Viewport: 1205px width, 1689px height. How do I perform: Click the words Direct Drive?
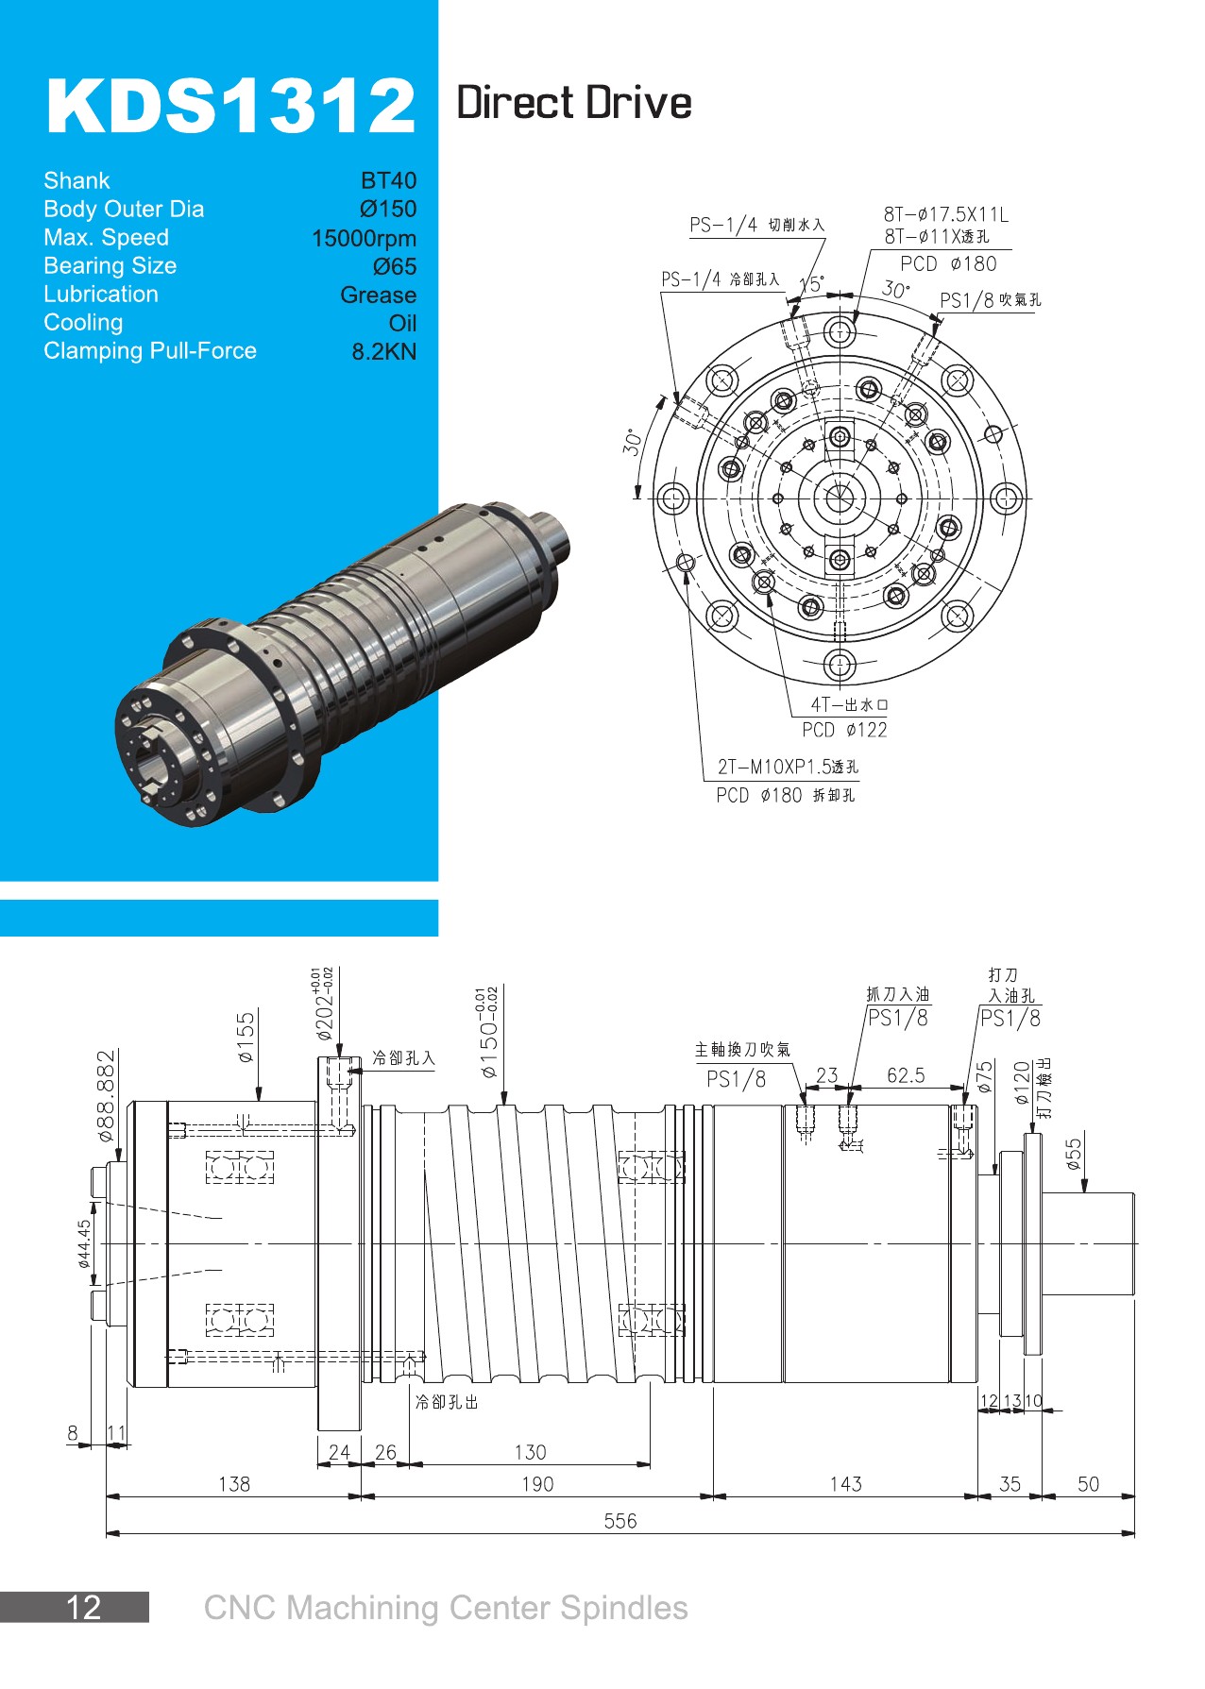point(573,103)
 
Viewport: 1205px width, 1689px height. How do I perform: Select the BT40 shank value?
point(388,180)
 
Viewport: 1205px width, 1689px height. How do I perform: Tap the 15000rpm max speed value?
point(364,238)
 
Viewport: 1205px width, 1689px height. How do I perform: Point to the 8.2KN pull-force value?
point(383,351)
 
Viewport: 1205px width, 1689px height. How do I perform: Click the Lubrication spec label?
point(101,294)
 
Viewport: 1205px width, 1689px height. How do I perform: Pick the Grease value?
point(378,295)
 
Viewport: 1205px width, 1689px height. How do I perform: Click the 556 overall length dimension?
point(620,1520)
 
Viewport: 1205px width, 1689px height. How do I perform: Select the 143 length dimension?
point(845,1483)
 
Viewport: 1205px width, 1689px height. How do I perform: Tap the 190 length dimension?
point(537,1483)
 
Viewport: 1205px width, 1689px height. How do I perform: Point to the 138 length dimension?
point(234,1483)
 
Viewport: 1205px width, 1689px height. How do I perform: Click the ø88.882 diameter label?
point(107,1095)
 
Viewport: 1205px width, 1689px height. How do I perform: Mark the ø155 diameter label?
point(246,1038)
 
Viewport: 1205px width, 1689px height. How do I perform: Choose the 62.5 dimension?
point(906,1075)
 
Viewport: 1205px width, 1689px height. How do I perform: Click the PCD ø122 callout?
point(844,730)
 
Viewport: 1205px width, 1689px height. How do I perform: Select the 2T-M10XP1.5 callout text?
point(788,767)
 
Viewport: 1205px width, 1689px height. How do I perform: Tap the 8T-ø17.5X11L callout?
point(945,214)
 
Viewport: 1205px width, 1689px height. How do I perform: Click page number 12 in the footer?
point(83,1607)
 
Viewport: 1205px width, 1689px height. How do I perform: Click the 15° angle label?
point(811,284)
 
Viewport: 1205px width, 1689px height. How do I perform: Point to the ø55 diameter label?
point(1074,1154)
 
